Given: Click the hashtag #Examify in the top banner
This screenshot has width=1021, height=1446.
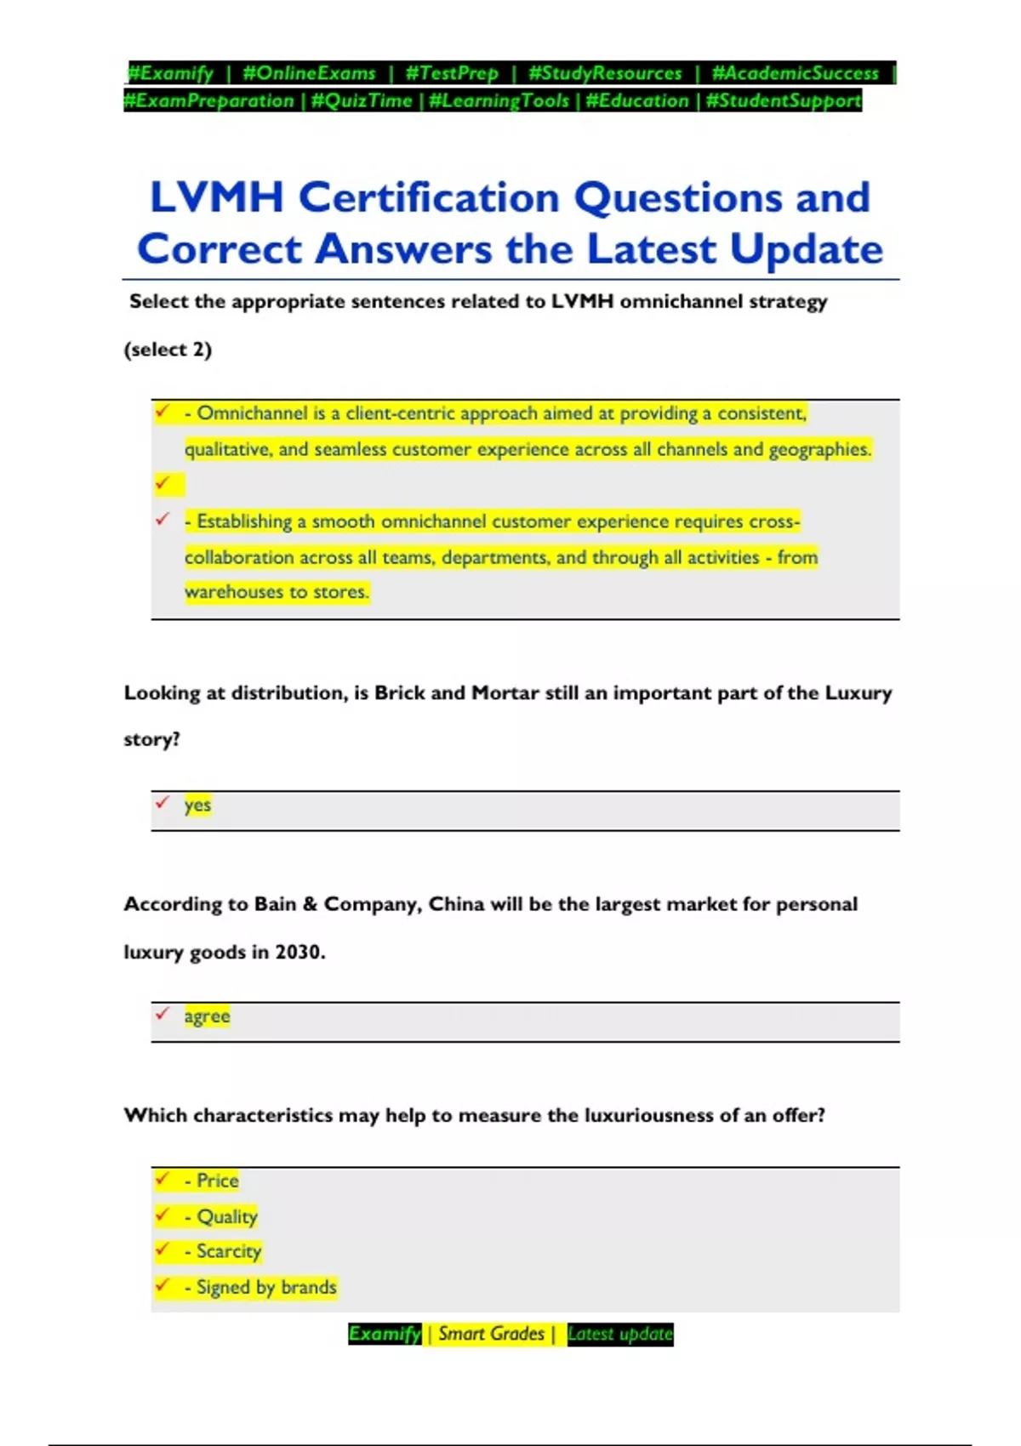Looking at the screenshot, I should click(170, 73).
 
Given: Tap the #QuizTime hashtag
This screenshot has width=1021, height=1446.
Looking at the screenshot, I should click(362, 101).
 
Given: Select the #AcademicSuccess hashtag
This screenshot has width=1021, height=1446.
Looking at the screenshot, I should click(795, 73).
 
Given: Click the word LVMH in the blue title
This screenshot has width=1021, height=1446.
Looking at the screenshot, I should click(216, 197).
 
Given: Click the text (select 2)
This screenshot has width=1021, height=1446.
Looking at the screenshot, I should click(168, 350).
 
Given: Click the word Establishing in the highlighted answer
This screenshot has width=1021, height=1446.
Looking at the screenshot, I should click(244, 521).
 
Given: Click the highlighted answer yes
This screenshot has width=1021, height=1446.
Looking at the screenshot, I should click(197, 805).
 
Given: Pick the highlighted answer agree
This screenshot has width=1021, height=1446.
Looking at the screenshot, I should click(207, 1016).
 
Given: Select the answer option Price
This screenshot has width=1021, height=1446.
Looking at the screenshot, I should click(217, 1181).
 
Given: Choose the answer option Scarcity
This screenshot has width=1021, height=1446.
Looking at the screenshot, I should click(228, 1251).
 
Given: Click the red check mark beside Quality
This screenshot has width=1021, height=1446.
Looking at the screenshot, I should click(162, 1215).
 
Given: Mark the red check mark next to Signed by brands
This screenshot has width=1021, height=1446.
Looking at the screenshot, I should click(162, 1285).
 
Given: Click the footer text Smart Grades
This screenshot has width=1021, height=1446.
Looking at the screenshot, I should click(491, 1334).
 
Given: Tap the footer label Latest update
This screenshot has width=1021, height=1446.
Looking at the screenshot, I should click(619, 1334).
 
